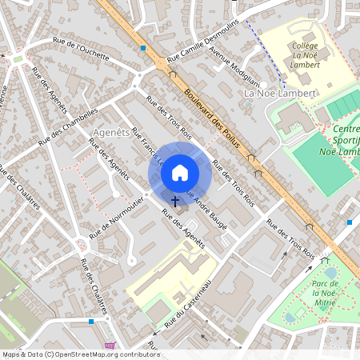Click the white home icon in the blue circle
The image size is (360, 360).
180,171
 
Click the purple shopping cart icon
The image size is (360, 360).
110,346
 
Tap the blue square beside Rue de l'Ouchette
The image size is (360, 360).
142,48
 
